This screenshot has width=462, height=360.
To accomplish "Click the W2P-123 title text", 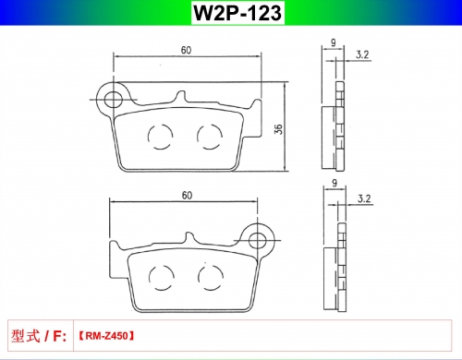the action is [237, 13].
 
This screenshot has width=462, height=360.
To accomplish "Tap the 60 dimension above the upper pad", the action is [186, 50].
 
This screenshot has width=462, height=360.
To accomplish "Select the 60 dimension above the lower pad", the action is [187, 196].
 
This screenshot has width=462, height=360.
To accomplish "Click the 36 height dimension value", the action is [278, 129].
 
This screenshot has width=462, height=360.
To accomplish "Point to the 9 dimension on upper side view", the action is [334, 42].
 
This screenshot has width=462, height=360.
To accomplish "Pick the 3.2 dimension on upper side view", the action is [362, 54].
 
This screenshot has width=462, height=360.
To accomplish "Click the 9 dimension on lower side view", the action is [334, 183].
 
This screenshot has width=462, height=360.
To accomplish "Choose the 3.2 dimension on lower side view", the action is [364, 198].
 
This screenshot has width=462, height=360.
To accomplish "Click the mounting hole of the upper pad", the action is [114, 100].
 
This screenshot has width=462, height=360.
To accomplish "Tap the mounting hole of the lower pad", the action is [258, 240].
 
